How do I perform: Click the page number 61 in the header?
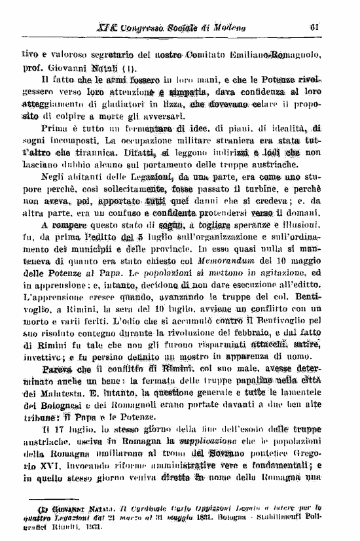click(x=315, y=27)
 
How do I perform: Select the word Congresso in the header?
click(x=141, y=27)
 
